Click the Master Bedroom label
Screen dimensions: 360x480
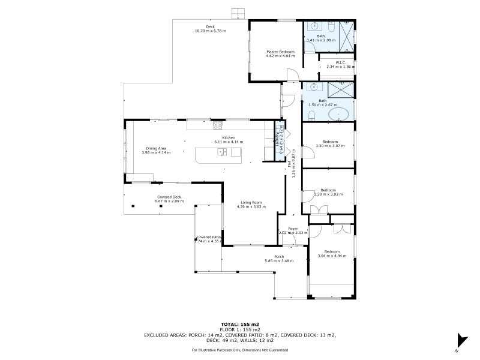click(280, 52)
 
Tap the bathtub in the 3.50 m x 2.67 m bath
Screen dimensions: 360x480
click(340, 114)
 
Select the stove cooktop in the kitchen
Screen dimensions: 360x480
click(217, 125)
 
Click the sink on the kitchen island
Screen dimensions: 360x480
click(222, 152)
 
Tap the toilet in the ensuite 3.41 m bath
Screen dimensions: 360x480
click(331, 27)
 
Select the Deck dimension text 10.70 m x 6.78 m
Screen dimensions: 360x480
click(210, 31)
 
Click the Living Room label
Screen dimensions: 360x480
click(251, 202)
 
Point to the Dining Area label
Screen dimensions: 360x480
click(156, 148)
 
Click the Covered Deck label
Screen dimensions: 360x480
click(169, 197)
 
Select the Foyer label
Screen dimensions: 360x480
click(293, 229)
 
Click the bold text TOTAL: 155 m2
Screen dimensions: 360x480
click(240, 324)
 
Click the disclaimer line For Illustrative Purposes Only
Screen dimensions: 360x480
click(240, 350)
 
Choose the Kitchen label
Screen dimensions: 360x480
click(229, 138)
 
